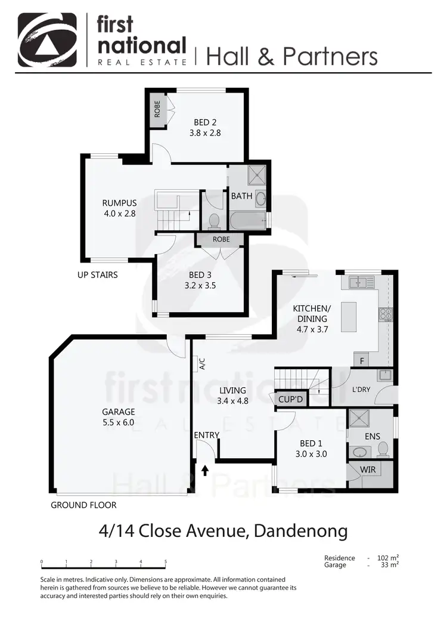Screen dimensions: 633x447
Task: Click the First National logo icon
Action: [x=47, y=40]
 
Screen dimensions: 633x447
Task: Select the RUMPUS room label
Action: [x=119, y=203]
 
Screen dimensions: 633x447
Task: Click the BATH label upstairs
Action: [x=241, y=196]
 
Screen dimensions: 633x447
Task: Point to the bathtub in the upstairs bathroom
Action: [x=248, y=220]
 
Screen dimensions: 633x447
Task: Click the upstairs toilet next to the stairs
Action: [x=214, y=221]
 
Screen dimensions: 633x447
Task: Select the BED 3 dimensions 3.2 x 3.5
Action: [x=201, y=285]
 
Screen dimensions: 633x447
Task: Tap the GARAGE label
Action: [x=118, y=412]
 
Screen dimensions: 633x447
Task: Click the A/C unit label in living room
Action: [x=202, y=364]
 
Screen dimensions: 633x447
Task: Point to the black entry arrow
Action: [x=205, y=471]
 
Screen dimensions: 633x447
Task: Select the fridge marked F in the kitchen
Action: [x=361, y=360]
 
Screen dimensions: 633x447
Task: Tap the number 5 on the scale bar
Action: [x=165, y=561]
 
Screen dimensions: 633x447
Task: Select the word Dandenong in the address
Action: [x=300, y=530]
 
